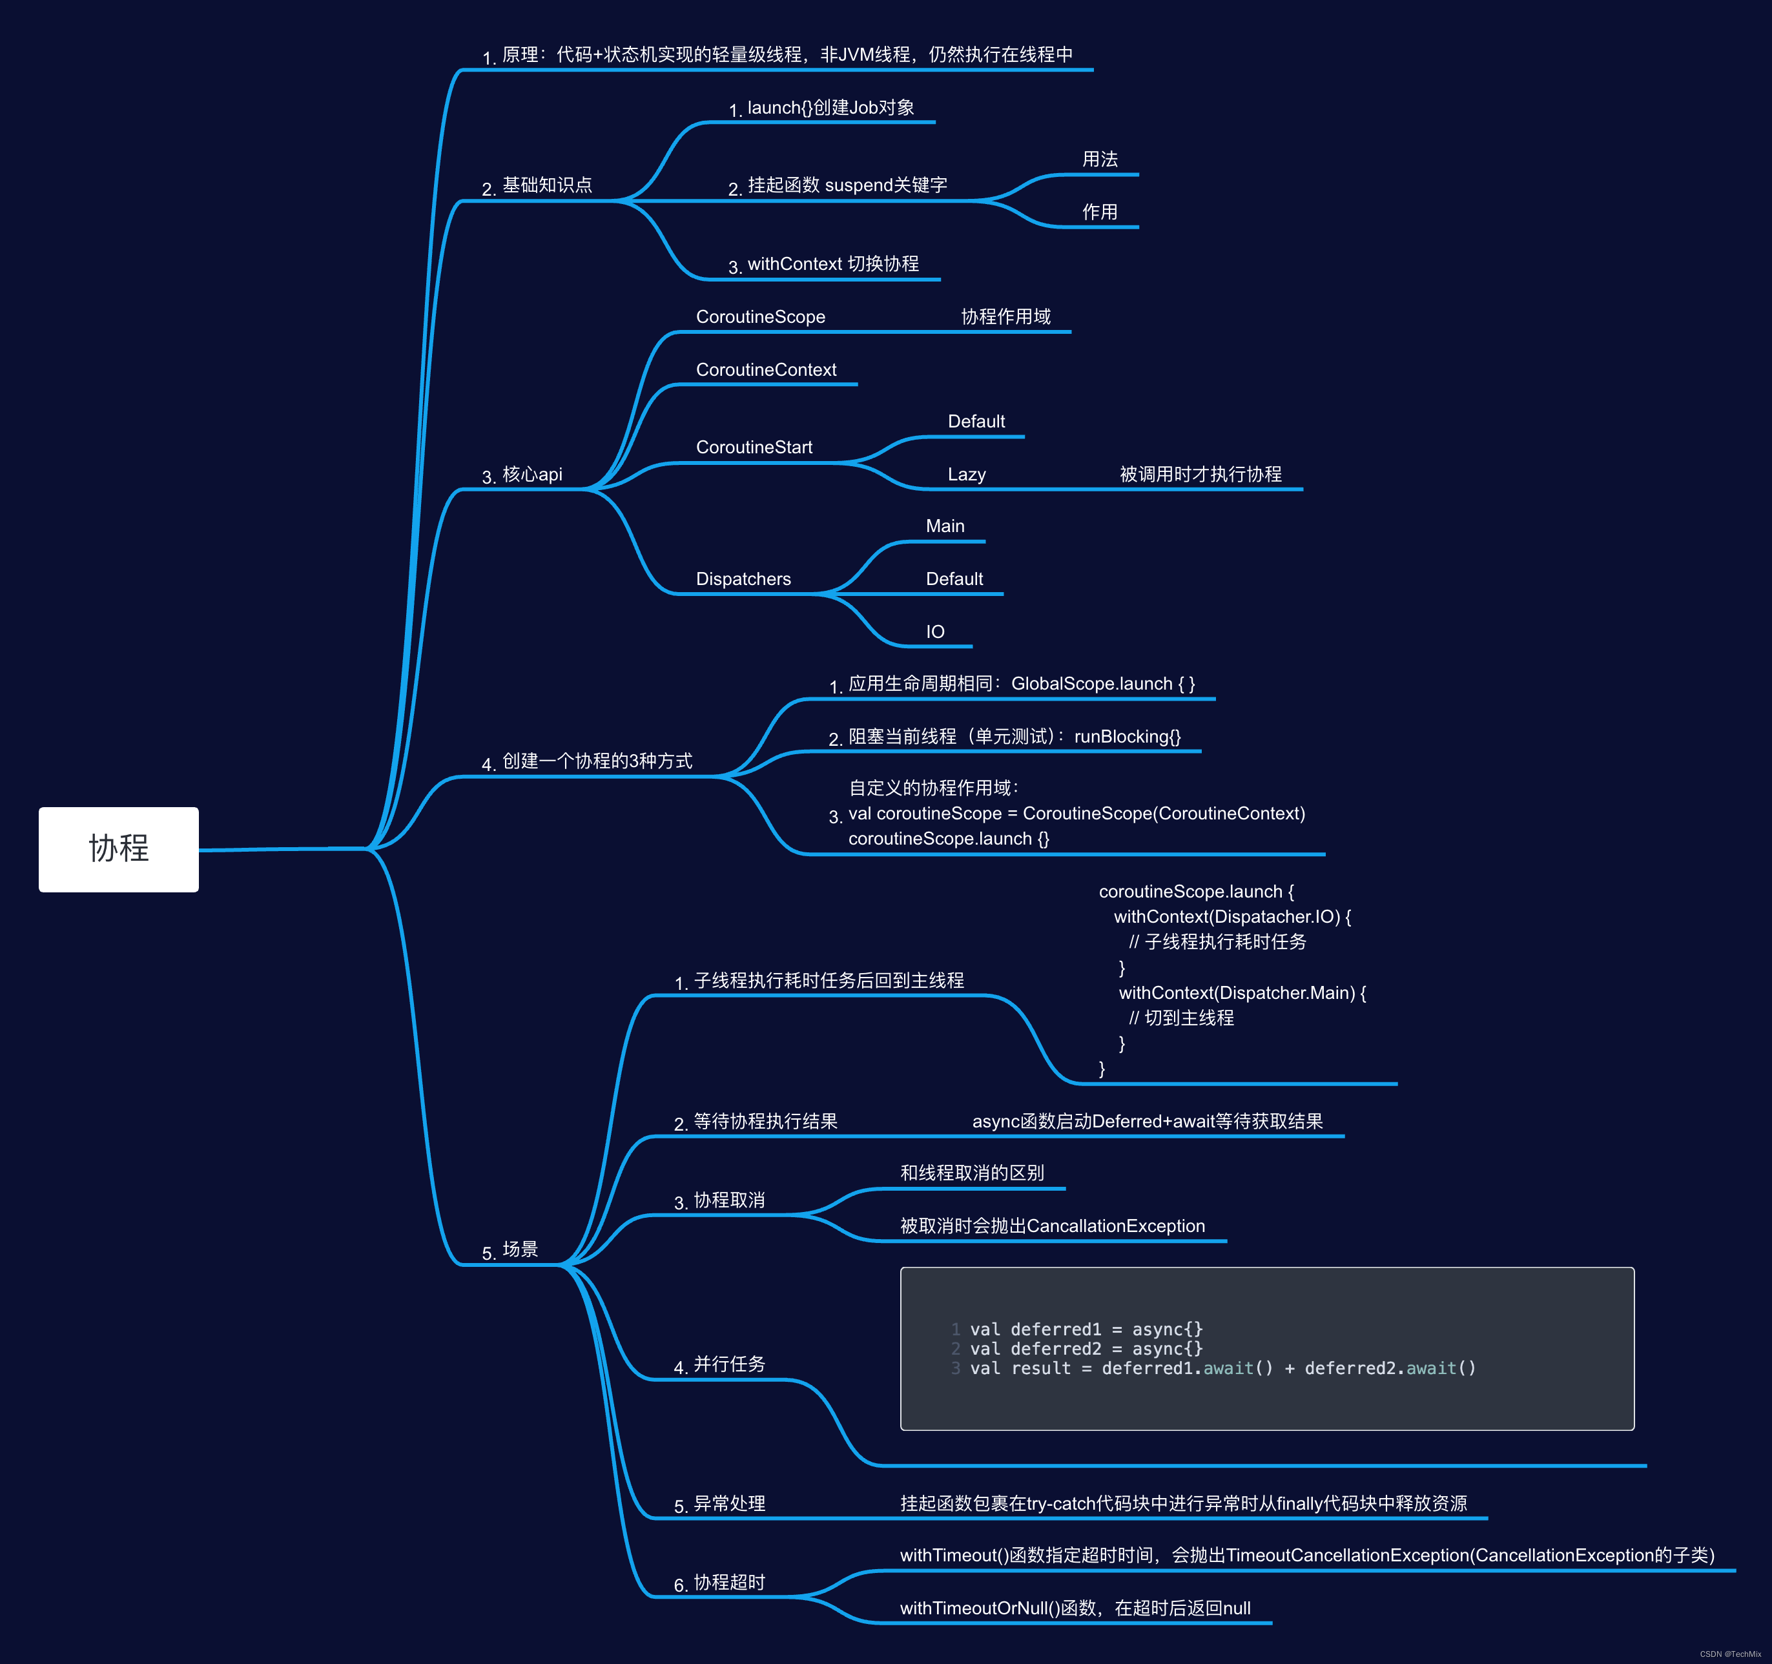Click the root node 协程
point(119,848)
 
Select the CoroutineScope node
point(760,316)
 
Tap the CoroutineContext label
point(766,370)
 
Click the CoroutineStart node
point(754,447)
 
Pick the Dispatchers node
point(743,579)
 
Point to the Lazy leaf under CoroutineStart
point(966,474)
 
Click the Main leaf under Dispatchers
point(945,526)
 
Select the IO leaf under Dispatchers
point(935,632)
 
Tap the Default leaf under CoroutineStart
point(976,422)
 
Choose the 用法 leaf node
point(1100,159)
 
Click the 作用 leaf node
point(1100,212)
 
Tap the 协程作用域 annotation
point(1005,316)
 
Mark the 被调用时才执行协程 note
point(1200,474)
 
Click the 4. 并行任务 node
point(719,1364)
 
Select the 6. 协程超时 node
point(719,1583)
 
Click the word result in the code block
point(1041,1368)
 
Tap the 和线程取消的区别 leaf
point(972,1173)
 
